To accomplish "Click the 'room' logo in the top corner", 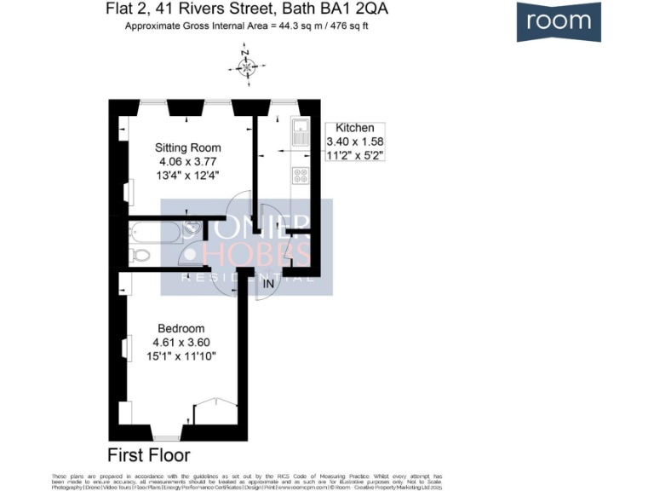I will (558, 21).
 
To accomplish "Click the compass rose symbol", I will (247, 66).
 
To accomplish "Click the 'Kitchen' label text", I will (355, 128).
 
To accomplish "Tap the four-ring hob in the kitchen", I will (300, 175).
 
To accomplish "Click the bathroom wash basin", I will (194, 228).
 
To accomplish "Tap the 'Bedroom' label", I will (181, 328).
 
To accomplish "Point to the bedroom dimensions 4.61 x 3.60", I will (181, 343).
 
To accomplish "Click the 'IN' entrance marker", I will (269, 282).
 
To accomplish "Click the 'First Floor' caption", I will (149, 454).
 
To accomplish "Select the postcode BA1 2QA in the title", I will (358, 10).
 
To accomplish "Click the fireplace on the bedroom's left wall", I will (126, 349).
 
